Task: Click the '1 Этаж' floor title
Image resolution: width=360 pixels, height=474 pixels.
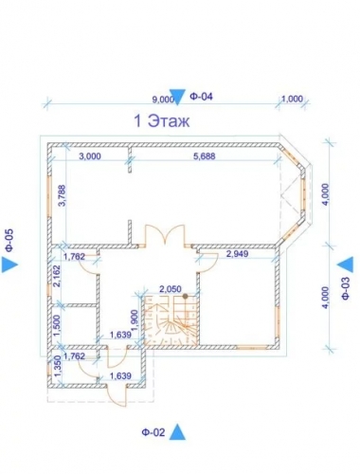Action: pos(162,121)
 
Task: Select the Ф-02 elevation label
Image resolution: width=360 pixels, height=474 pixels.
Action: pos(153,432)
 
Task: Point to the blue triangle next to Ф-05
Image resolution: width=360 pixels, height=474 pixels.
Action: pos(9,264)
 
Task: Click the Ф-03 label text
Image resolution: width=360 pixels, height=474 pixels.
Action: pos(345,288)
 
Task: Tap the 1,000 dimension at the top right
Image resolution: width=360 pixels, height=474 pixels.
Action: pos(292,99)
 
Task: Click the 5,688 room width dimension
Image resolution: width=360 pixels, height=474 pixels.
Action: pos(205,155)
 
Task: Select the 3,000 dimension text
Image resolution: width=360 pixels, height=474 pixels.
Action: pos(90,156)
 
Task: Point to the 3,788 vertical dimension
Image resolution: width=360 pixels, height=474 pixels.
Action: pos(62,195)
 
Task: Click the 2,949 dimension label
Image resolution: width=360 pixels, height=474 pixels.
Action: pos(237,253)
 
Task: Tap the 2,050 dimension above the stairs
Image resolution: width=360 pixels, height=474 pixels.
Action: pos(171,289)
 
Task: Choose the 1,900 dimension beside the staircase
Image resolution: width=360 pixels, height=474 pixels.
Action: pos(135,320)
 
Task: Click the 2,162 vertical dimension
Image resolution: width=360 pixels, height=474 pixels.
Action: pos(57,276)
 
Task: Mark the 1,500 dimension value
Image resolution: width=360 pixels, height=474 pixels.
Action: pos(57,326)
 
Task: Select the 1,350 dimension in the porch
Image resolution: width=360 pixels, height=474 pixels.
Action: pos(57,366)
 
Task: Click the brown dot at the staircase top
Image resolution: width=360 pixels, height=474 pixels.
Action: pos(185,296)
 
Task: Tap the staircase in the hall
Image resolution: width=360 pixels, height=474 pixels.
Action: pos(171,319)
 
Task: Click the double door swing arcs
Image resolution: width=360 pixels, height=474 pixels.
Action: pos(165,234)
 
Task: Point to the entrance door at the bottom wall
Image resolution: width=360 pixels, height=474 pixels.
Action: pos(117,396)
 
